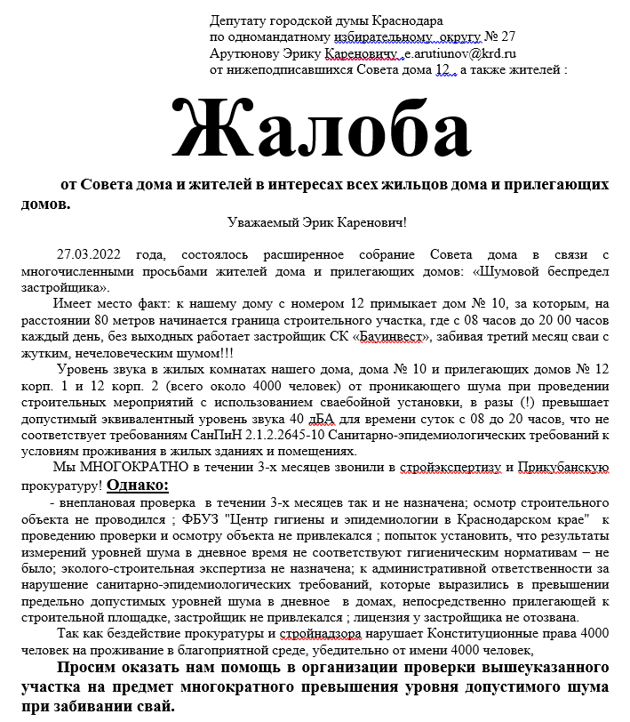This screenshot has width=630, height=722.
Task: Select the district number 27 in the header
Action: (x=506, y=36)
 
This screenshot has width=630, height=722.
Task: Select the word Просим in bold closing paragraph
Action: (x=87, y=668)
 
